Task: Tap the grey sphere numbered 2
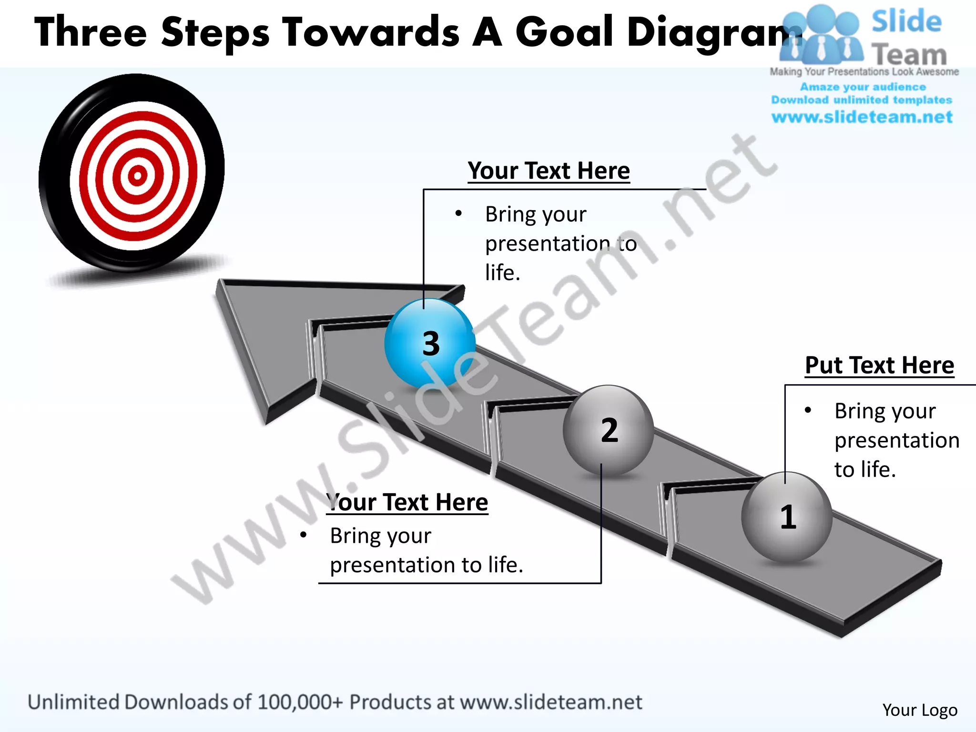click(x=609, y=430)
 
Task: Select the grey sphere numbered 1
click(x=787, y=517)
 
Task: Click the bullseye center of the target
click(x=137, y=176)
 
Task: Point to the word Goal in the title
click(x=564, y=32)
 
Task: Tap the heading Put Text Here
click(x=879, y=366)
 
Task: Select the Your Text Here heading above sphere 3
click(x=549, y=171)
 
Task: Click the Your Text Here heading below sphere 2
click(x=408, y=502)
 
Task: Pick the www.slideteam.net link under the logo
click(x=862, y=117)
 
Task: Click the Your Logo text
click(x=919, y=710)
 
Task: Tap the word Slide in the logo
click(x=906, y=22)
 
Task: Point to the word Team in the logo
click(x=909, y=55)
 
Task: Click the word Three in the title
click(x=91, y=32)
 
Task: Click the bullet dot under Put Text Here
click(x=808, y=410)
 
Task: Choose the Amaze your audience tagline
click(x=863, y=87)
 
